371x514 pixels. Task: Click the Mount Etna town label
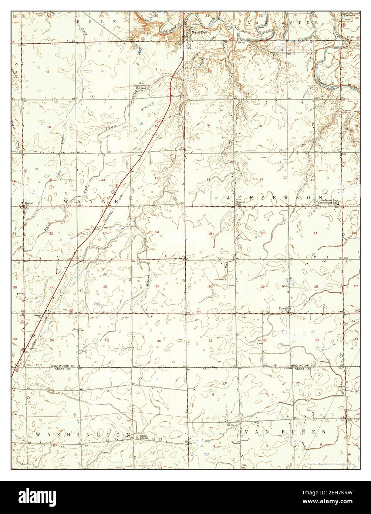coord(198,33)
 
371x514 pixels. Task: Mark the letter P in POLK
coord(78,22)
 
